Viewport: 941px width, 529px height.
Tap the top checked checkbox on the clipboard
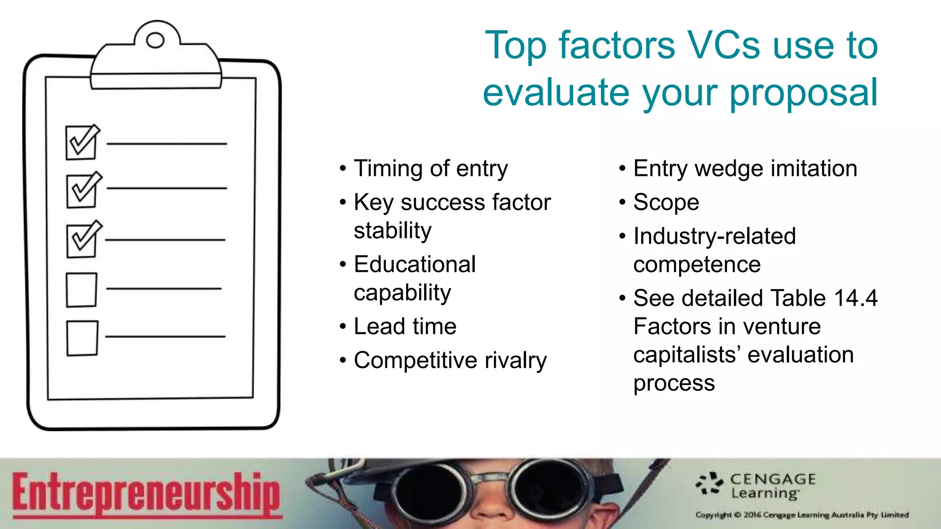pos(81,143)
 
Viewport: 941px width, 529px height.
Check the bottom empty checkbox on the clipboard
pos(82,338)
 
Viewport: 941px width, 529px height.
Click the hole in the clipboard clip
pos(155,40)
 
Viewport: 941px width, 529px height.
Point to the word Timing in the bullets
pos(388,169)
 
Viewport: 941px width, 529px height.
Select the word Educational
pos(414,264)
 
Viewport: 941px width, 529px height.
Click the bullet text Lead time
pos(405,326)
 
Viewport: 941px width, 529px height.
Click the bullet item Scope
pos(666,203)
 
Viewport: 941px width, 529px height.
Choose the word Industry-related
pos(714,236)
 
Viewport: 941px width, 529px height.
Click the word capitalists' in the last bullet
pos(687,355)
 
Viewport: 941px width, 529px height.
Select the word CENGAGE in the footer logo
pos(773,479)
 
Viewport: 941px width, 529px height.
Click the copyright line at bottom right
pos(802,515)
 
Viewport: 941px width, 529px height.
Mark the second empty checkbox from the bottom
pos(81,290)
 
